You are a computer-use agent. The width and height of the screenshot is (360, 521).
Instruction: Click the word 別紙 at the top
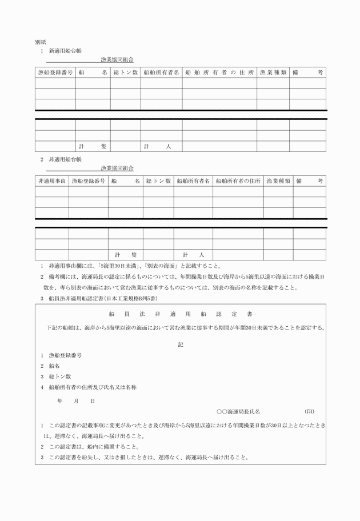point(40,42)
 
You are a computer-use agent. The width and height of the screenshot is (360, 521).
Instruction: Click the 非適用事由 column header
point(52,181)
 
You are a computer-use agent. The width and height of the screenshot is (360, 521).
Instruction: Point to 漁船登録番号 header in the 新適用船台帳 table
point(55,73)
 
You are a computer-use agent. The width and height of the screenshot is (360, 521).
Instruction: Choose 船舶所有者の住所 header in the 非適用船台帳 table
point(238,181)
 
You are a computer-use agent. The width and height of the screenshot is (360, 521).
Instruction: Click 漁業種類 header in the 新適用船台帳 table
point(273,73)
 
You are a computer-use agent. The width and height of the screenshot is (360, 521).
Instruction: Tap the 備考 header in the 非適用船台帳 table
point(310,181)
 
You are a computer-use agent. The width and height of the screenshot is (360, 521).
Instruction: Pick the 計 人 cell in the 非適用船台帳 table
point(193,255)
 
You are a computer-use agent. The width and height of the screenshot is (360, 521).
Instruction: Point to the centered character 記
point(180,344)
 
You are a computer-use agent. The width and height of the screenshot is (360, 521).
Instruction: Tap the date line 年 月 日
point(76,401)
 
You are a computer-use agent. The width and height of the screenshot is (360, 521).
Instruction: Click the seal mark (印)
point(309,411)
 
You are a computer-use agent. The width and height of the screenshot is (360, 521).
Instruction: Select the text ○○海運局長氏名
point(238,411)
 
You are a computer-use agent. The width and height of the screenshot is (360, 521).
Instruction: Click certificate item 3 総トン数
point(59,376)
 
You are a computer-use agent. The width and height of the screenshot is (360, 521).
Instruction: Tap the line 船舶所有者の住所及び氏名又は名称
point(92,387)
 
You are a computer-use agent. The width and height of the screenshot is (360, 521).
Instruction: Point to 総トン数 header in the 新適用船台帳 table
point(125,73)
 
